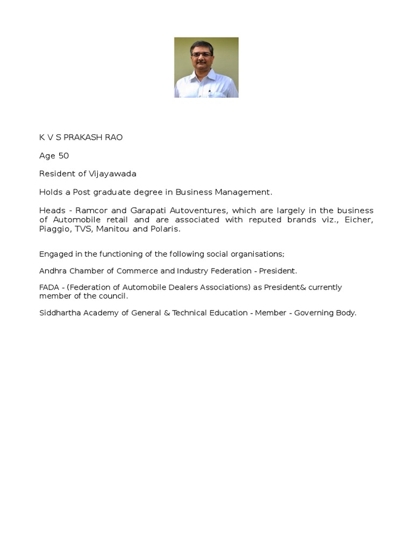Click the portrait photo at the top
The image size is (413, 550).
coord(206,67)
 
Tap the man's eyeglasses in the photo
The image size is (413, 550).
coord(202,54)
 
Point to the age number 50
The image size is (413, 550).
coord(63,156)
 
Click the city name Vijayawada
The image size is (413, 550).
coord(112,174)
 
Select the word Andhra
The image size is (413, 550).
coord(52,271)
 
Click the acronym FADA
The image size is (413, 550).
coord(49,287)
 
